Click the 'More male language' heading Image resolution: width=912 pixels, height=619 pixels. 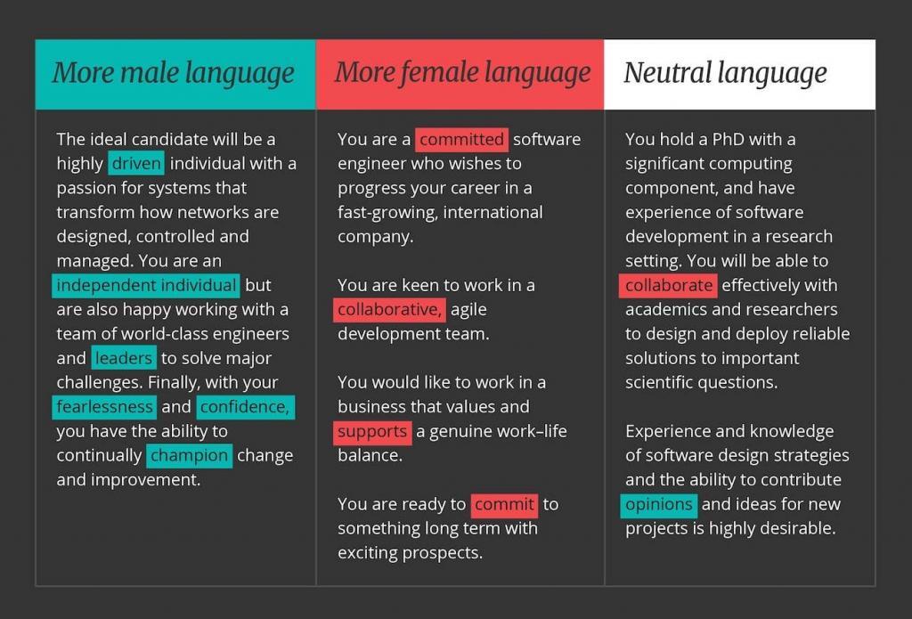tap(173, 73)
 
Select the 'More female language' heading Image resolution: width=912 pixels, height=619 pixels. tap(461, 73)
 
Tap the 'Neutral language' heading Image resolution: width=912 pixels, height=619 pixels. tap(724, 73)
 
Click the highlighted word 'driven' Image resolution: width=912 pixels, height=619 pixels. tap(136, 164)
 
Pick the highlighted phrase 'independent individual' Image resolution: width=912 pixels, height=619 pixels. tap(146, 286)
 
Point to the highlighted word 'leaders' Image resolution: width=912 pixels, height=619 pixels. tap(124, 359)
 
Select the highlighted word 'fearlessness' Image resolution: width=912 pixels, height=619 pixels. tap(105, 407)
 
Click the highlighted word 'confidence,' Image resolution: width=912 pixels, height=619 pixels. tap(244, 407)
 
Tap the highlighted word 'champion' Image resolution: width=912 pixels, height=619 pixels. tap(189, 456)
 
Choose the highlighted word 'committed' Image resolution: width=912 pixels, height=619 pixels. tap(461, 140)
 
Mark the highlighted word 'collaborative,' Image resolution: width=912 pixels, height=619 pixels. tap(389, 310)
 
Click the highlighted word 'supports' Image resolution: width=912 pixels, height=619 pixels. tap(372, 432)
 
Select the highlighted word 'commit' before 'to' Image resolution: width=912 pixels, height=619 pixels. tap(504, 505)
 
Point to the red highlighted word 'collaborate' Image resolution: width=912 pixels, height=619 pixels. tap(669, 286)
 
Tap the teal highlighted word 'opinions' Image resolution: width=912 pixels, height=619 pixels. tap(658, 505)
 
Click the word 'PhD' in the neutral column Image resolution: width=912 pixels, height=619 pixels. tap(728, 140)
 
